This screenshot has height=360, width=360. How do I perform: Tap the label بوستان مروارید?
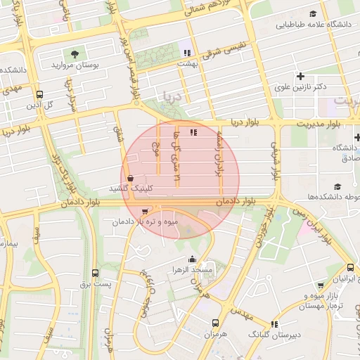click(75, 65)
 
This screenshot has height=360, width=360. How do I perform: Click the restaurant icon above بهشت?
click(187, 51)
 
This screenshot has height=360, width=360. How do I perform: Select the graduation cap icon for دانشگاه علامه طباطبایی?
click(313, 13)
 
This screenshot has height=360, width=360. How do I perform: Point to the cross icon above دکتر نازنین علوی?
click(300, 75)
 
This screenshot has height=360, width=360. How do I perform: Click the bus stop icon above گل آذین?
click(39, 94)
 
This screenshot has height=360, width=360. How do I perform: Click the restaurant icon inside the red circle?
click(194, 131)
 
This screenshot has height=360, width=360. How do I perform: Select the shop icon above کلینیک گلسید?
click(131, 179)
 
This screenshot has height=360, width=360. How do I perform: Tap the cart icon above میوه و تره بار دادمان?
click(145, 211)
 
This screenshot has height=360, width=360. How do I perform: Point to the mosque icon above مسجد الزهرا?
click(193, 259)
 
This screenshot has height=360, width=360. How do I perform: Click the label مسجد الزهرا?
click(193, 270)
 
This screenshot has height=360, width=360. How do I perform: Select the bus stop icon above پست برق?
click(95, 273)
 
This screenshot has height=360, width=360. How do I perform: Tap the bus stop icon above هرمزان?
click(215, 323)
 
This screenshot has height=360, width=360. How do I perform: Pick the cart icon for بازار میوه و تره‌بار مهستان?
click(321, 285)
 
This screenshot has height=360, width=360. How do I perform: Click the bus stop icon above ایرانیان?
click(350, 268)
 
